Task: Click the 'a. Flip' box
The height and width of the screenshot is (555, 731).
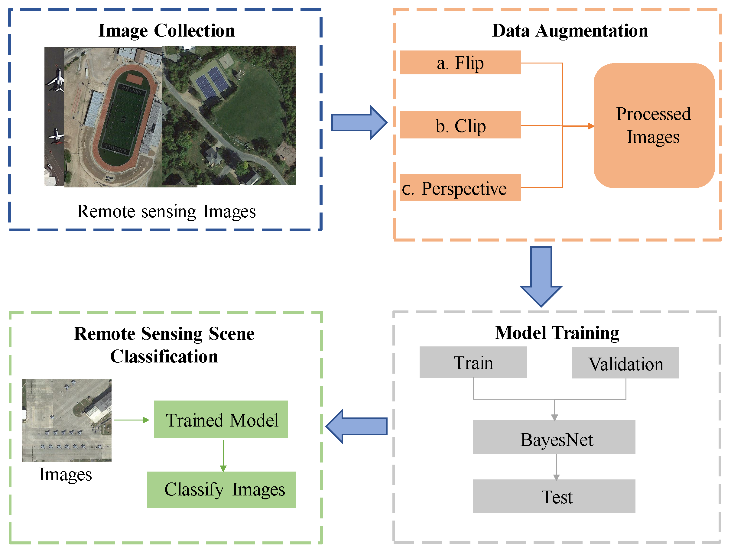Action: click(460, 63)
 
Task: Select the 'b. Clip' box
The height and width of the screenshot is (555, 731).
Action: click(460, 125)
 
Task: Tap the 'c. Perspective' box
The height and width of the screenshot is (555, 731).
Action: click(460, 188)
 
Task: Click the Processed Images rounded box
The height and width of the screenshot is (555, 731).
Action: click(654, 125)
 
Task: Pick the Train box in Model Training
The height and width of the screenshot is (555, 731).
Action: click(473, 362)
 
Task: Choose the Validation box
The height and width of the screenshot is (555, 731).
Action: click(625, 363)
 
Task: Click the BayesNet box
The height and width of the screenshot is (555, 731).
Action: click(554, 437)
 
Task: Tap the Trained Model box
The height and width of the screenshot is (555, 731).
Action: click(221, 420)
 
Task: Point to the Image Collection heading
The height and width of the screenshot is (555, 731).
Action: click(167, 31)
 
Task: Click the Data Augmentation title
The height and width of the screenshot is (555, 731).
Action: click(570, 31)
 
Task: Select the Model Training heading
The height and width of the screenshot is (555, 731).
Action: click(557, 333)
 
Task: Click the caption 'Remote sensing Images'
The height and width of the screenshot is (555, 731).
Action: click(166, 211)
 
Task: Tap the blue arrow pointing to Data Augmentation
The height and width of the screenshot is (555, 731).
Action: click(359, 122)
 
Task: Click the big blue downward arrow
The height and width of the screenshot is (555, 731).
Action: click(541, 276)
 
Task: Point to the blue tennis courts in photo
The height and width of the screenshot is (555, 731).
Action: click(212, 82)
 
